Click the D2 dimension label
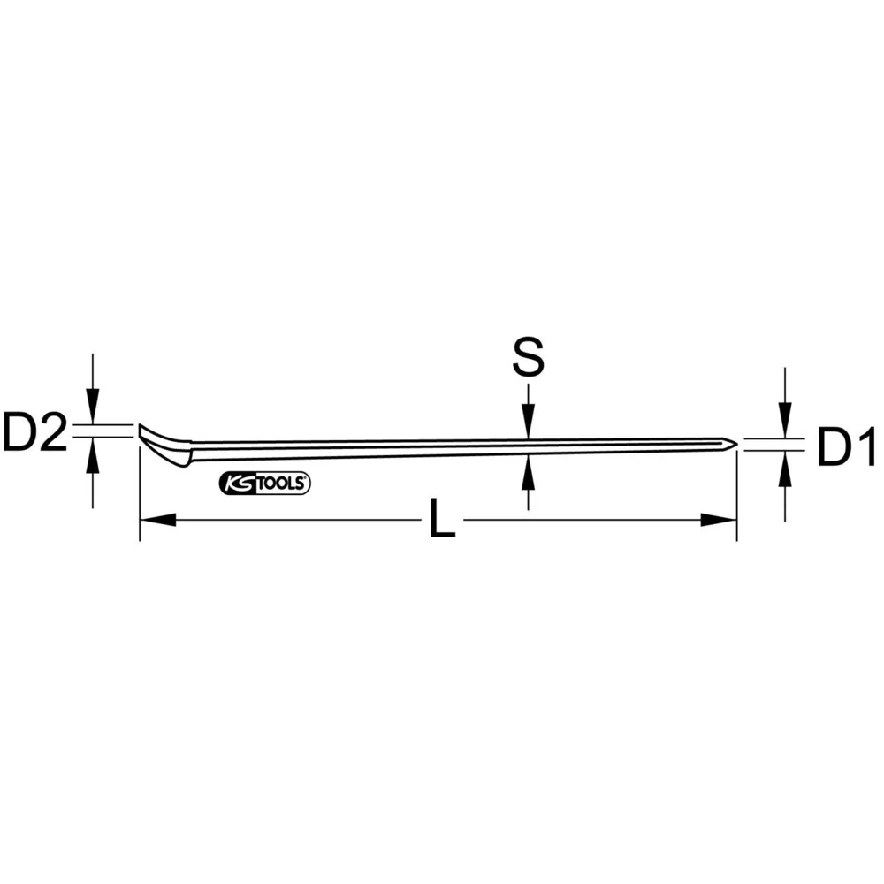pos(35,434)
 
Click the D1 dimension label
pos(845,448)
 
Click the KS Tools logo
pos(263,483)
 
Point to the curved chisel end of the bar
pos(164,445)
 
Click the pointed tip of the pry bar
pos(733,445)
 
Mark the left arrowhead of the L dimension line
pos(155,521)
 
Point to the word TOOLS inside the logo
pos(281,483)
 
